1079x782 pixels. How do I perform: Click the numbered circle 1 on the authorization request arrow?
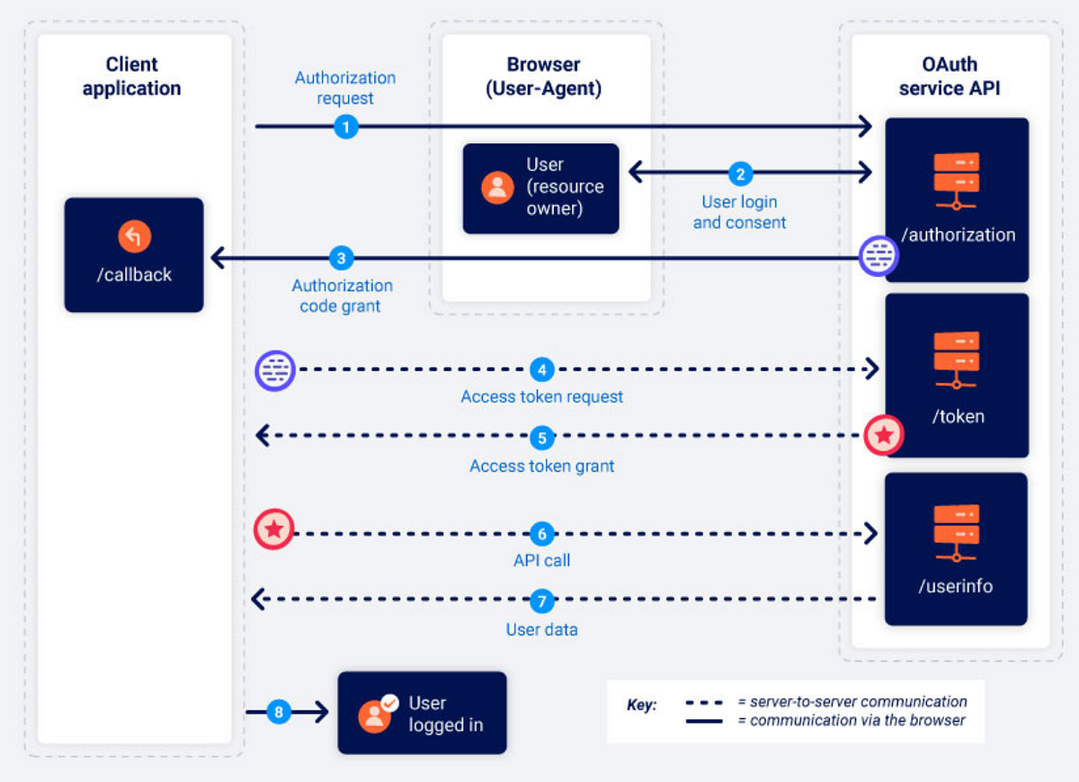[x=346, y=127]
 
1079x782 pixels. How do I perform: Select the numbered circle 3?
[x=341, y=259]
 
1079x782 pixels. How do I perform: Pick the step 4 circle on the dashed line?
[x=541, y=369]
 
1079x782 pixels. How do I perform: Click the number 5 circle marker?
[x=541, y=438]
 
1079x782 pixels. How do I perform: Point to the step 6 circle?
[x=541, y=534]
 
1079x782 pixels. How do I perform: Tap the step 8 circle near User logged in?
[x=279, y=713]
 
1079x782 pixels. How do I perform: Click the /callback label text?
[x=134, y=275]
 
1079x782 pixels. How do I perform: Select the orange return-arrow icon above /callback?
[x=134, y=236]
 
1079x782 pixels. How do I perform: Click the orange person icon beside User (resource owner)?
[x=497, y=187]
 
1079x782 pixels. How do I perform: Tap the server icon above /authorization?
[x=956, y=181]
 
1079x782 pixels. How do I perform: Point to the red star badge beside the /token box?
[x=884, y=436]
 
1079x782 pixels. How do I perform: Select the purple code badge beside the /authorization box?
[x=878, y=256]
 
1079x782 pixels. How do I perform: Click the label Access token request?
[x=541, y=396]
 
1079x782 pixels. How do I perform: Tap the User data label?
[x=541, y=629]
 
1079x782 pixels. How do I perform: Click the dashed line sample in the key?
[x=704, y=702]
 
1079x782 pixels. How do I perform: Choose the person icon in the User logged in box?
[x=375, y=715]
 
